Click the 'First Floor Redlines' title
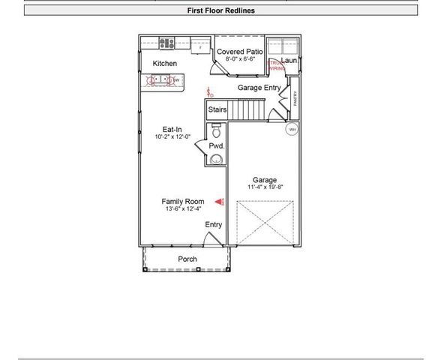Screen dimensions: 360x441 pos(220,10)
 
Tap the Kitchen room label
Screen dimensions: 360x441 pos(165,64)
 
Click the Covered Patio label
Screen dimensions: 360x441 pos(241,51)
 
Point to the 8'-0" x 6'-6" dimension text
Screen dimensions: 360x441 pos(241,59)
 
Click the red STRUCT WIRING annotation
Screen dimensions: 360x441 pos(277,65)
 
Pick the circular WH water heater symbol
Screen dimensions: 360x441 pos(292,130)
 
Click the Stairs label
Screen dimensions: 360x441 pos(217,109)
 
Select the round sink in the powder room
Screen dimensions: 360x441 pos(216,159)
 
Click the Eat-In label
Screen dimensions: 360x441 pos(173,129)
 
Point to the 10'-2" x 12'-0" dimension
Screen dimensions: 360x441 pos(173,137)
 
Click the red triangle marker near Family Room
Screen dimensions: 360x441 pos(220,202)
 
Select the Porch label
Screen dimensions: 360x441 pos(187,259)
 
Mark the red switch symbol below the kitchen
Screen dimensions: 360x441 pos(211,94)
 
